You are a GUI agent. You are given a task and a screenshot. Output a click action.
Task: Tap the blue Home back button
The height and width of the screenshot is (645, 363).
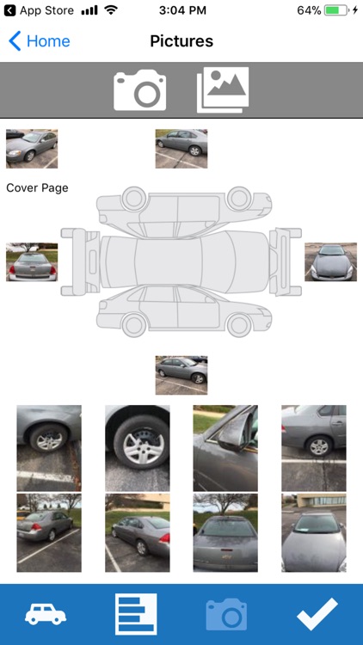39,41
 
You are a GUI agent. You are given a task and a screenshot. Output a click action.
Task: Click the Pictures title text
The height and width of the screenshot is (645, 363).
181,41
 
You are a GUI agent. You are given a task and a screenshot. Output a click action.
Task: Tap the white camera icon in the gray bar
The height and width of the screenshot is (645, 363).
140,89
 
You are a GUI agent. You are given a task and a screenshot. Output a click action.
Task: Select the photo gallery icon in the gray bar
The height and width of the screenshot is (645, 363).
223,89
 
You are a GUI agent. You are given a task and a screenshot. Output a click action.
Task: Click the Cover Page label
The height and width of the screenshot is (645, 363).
37,188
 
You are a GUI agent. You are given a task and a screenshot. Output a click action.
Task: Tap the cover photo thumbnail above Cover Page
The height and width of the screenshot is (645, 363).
32,149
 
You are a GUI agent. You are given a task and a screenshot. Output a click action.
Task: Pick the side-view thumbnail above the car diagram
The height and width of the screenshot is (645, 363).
181,149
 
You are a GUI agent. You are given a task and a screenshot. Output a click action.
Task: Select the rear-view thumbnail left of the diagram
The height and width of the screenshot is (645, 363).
32,262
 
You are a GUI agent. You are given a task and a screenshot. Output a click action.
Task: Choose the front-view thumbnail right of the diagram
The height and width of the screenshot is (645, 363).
331,262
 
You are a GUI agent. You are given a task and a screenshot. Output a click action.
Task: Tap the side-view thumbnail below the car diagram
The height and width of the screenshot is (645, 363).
181,375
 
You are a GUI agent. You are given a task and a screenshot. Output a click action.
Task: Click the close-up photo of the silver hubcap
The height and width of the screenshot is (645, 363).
138,448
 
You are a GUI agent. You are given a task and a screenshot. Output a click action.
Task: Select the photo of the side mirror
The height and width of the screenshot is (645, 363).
225,448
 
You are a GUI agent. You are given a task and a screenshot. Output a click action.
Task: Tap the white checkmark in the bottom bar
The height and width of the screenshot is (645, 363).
317,614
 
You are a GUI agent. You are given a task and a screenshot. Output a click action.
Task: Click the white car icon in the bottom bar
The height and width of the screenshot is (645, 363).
46,615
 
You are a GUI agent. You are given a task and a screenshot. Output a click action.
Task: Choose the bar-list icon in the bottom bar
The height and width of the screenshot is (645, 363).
136,614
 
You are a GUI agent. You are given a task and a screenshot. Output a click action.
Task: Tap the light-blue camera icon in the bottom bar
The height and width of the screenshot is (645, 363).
226,615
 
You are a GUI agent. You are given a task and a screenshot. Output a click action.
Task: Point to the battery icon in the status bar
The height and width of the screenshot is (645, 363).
336,10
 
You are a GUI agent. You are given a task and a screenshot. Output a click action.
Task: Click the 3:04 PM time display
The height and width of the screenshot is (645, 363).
182,10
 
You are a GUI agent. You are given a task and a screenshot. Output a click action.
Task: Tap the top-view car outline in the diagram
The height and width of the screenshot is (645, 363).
181,262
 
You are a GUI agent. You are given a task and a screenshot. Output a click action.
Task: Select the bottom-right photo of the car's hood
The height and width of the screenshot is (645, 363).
314,532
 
